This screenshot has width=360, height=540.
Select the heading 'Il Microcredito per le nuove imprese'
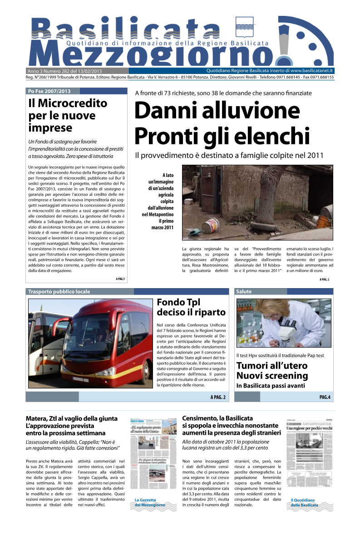[x=68, y=115]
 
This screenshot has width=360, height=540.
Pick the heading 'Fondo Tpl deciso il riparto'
[x=191, y=307]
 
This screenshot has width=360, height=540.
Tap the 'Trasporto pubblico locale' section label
[x=59, y=291]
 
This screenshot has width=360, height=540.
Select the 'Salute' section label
[x=244, y=291]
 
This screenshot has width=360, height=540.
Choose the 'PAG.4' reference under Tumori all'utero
[x=325, y=397]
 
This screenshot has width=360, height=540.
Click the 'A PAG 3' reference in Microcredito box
[x=120, y=279]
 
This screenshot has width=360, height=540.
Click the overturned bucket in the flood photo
[x=211, y=226]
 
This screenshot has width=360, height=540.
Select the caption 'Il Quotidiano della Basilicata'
[x=304, y=502]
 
